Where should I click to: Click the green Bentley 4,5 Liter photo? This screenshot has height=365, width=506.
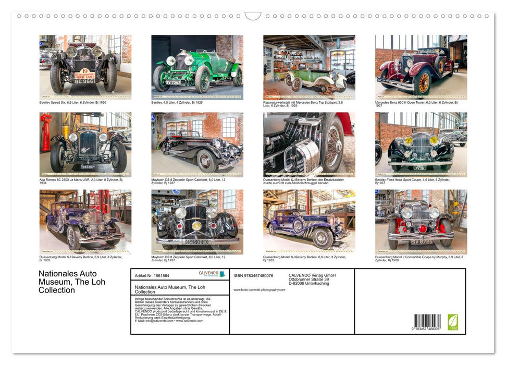(x=197, y=67)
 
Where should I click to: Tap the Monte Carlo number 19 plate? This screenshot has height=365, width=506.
(x=84, y=74)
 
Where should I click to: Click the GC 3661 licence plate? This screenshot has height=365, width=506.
(x=84, y=82)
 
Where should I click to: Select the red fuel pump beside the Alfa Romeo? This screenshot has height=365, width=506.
(x=45, y=139)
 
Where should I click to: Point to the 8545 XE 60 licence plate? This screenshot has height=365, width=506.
(x=197, y=242)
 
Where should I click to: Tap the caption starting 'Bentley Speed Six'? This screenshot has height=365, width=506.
(x=73, y=103)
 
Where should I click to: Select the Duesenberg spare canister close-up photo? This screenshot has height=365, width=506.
(x=308, y=144)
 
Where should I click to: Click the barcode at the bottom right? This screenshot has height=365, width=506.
(x=427, y=322)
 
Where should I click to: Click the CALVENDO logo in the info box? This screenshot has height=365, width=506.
(x=212, y=274)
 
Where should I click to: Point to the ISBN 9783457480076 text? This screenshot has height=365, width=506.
(x=253, y=275)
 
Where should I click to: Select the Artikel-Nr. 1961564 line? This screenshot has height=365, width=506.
(x=152, y=275)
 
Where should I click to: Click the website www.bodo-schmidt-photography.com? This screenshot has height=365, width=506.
(x=259, y=290)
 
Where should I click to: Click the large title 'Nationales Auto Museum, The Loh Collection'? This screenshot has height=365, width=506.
(x=72, y=282)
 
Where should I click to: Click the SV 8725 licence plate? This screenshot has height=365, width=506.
(x=421, y=242)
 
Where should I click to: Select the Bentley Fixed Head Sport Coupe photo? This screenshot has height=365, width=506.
(x=421, y=144)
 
